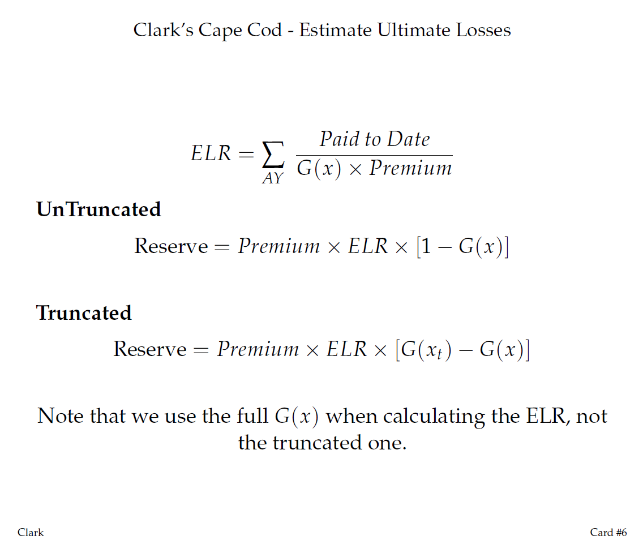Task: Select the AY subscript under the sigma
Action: click(x=273, y=179)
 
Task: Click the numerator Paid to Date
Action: click(x=374, y=139)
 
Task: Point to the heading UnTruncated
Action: click(x=98, y=209)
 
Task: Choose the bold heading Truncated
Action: click(x=84, y=312)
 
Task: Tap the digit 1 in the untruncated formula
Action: click(x=428, y=247)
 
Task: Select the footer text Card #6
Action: click(x=608, y=532)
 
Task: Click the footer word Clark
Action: click(x=31, y=532)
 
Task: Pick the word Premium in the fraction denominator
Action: click(x=410, y=168)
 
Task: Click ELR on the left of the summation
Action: click(x=211, y=153)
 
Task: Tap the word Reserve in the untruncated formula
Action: click(x=171, y=246)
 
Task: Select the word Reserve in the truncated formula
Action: click(x=150, y=349)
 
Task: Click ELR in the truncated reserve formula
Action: click(x=347, y=349)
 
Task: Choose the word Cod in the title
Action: click(x=264, y=30)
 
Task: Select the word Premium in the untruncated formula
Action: click(x=278, y=246)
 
